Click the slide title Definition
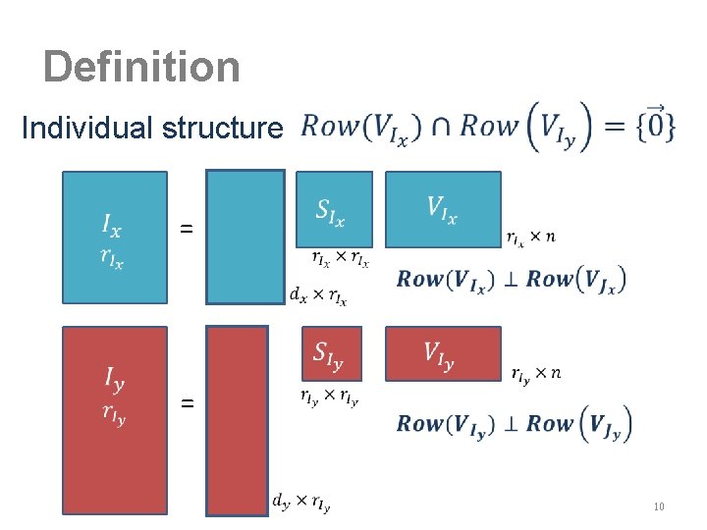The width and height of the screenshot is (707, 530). pos(141,68)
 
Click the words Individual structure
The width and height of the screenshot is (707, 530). pos(152,129)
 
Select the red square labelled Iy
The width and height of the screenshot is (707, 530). pos(114,420)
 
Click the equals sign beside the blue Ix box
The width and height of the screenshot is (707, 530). pos(187,229)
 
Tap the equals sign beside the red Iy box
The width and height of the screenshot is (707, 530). pos(187,402)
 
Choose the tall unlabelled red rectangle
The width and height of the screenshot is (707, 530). pos(237,420)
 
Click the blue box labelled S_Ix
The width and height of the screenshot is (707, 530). pos(334,210)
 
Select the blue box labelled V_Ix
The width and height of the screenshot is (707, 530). pos(443,210)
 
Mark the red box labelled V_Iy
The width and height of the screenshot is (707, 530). pos(443,353)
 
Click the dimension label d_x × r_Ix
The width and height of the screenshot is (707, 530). pos(318,294)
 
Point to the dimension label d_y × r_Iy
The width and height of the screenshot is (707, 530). pos(301,503)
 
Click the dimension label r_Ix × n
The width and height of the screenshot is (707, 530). pos(531,237)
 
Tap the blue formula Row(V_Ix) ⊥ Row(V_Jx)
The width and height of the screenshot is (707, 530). pos(511,279)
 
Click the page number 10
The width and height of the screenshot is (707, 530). pos(659,506)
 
